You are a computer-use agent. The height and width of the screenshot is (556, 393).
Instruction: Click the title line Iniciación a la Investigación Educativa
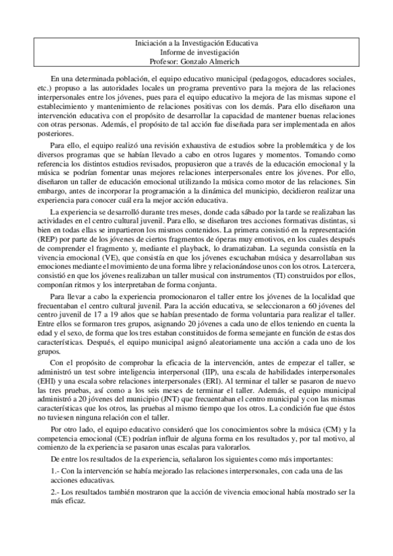196,43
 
